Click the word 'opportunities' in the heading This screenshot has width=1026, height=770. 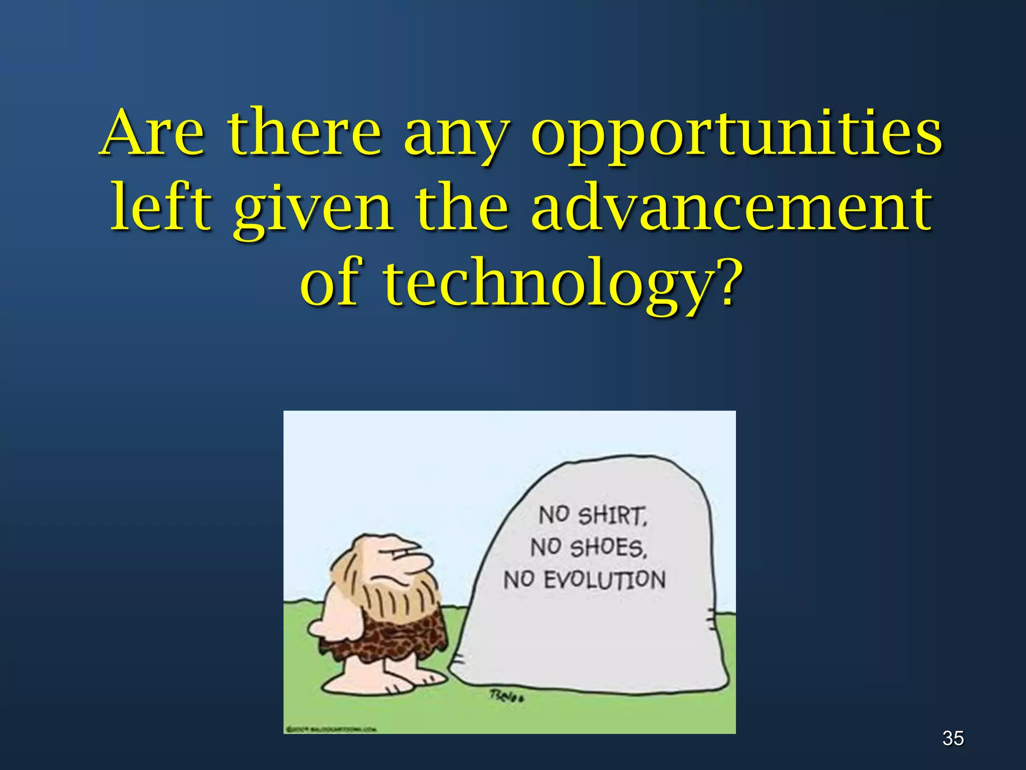736,134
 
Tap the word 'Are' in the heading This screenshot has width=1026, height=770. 153,133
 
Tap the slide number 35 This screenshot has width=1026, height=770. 953,738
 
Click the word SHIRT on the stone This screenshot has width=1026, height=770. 612,516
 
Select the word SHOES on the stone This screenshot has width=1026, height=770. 608,547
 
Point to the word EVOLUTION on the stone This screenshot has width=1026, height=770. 604,580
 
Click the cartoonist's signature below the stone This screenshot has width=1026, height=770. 506,696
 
